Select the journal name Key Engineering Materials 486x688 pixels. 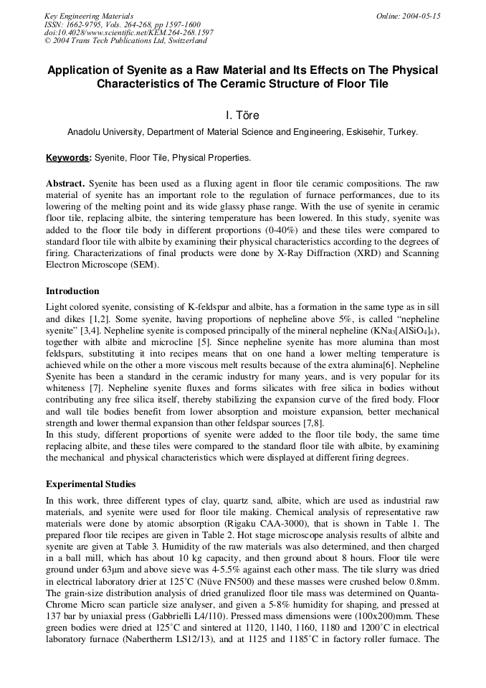click(89, 16)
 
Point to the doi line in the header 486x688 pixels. click(128, 32)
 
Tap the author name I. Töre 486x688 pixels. click(242, 115)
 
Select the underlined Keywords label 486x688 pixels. click(69, 157)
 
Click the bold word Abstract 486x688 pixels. click(65, 184)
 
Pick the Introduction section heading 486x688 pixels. click(72, 291)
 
